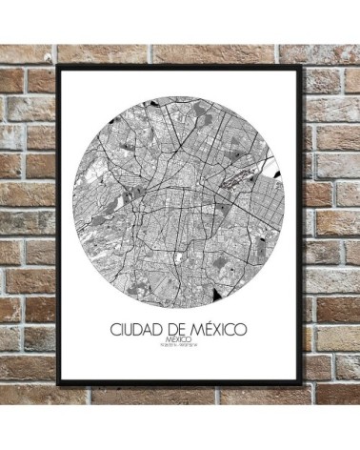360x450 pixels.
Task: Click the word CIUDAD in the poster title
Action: (x=134, y=329)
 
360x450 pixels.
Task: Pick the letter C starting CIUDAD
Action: (x=113, y=329)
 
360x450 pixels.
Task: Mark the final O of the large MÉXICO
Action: (x=242, y=329)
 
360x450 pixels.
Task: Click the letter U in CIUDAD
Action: (x=129, y=329)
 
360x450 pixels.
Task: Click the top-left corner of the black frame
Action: (x=58, y=66)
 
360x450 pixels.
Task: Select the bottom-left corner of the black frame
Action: (x=59, y=384)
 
